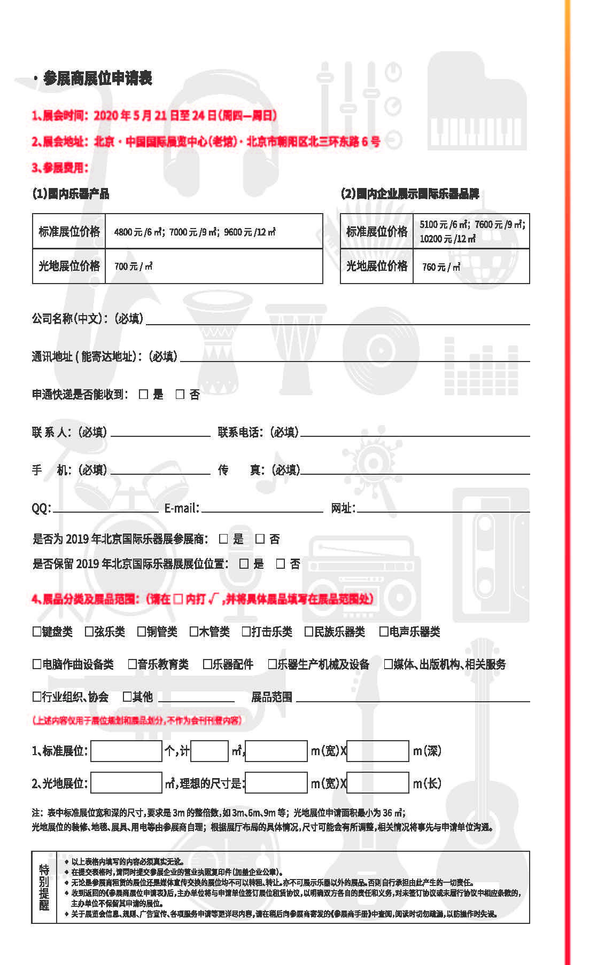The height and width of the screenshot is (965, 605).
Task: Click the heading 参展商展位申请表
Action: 97,79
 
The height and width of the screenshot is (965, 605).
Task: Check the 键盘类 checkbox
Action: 37,632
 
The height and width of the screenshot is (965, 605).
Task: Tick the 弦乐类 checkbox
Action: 89,632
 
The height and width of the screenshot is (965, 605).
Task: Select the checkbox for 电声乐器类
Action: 383,632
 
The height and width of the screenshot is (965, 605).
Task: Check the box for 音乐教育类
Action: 133,664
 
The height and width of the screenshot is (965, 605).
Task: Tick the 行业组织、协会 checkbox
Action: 37,697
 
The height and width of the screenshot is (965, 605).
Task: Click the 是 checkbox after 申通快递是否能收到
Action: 143,394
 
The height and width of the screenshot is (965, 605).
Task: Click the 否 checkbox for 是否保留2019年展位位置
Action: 280,564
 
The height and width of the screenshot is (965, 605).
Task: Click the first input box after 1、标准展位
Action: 126,751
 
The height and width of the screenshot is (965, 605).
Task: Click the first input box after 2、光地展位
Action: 126,783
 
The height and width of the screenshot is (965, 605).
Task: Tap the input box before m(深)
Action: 378,751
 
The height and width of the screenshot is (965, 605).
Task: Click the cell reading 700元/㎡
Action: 214,266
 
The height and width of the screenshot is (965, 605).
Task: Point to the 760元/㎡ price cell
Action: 471,266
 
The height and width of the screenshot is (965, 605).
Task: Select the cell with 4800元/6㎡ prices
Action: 214,232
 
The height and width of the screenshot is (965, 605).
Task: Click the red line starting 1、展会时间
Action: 154,115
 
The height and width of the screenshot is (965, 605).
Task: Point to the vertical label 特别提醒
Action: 44,887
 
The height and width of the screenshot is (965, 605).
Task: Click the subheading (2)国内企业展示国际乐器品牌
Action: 409,193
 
